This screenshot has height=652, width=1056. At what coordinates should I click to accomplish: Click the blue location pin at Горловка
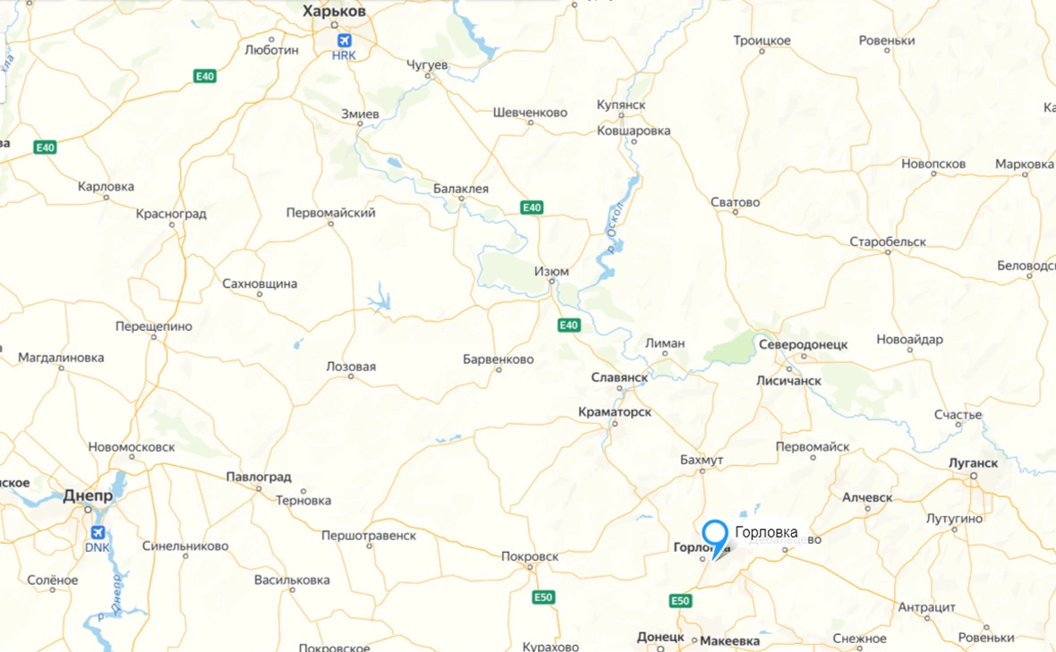click(x=714, y=535)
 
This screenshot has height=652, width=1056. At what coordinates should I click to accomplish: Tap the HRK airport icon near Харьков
click(x=344, y=40)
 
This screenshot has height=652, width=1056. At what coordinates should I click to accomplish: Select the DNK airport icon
click(x=95, y=532)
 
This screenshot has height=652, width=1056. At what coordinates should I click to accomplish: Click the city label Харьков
click(x=335, y=12)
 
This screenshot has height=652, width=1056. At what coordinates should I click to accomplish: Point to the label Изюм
click(x=550, y=271)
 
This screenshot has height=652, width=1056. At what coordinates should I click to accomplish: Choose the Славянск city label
click(x=619, y=377)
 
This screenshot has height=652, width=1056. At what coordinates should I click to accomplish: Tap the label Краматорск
click(x=615, y=412)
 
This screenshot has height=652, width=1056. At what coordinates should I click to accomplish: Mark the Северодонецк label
click(x=803, y=344)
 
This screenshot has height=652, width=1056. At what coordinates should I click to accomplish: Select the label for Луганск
click(x=972, y=463)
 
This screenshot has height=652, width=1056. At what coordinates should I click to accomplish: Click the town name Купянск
click(x=621, y=106)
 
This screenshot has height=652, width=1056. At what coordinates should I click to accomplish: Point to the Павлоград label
click(x=259, y=477)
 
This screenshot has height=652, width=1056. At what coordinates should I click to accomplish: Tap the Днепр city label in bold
click(x=88, y=495)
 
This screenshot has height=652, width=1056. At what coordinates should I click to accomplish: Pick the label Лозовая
click(x=351, y=367)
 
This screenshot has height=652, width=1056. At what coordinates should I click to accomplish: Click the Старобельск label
click(x=888, y=242)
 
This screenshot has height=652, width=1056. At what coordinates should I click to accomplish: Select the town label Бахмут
click(x=701, y=460)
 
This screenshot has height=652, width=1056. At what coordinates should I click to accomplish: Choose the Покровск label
click(x=529, y=556)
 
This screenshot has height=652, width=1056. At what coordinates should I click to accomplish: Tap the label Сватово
click(x=735, y=202)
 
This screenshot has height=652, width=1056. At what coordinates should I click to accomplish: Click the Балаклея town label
click(x=461, y=189)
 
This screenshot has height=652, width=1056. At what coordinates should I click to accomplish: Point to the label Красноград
click(x=171, y=214)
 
